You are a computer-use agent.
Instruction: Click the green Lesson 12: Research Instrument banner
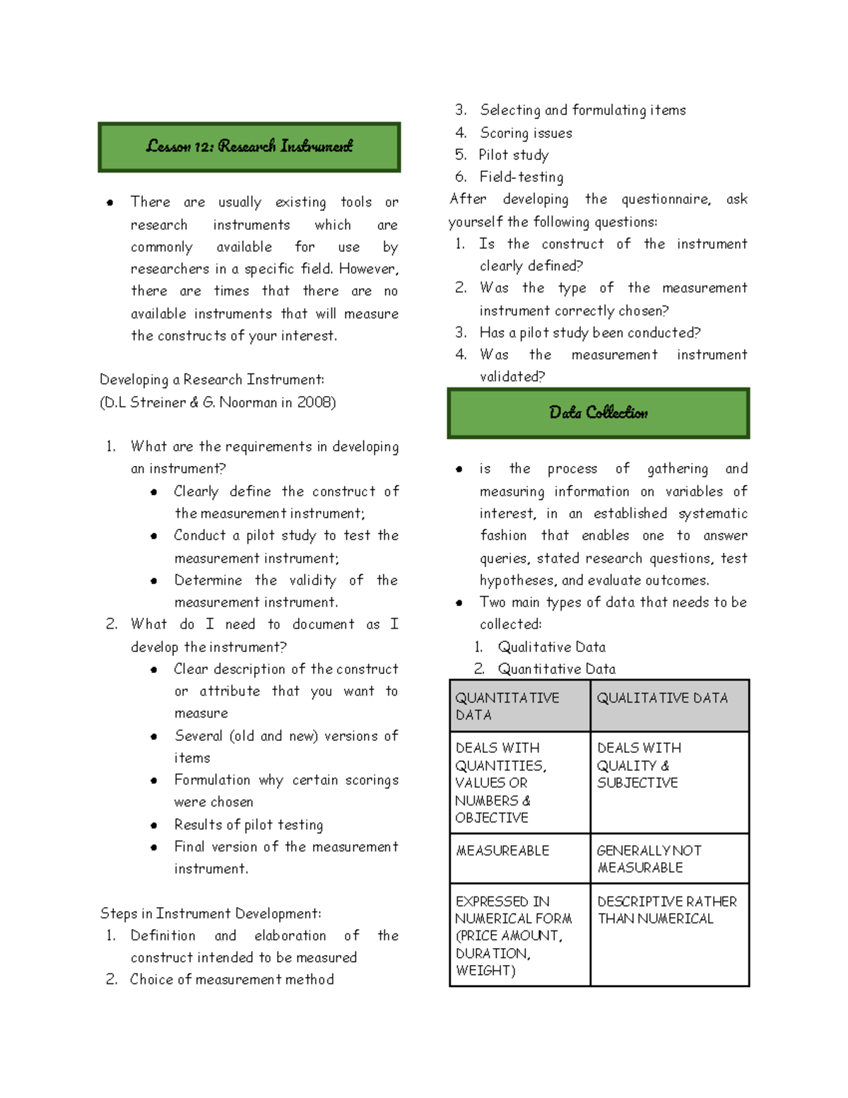(x=249, y=147)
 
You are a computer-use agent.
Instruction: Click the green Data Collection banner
(x=598, y=413)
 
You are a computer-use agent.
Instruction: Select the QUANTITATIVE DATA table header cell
(x=519, y=706)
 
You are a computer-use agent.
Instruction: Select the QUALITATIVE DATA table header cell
(x=669, y=706)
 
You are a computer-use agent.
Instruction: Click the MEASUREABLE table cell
(x=519, y=858)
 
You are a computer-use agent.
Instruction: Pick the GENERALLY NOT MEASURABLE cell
(x=669, y=858)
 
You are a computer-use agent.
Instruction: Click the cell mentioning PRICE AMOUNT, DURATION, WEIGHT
(x=519, y=935)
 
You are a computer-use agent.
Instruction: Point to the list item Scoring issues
(x=526, y=133)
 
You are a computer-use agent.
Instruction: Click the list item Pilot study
(x=513, y=155)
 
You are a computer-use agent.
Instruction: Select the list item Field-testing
(x=521, y=177)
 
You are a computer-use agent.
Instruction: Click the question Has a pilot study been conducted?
(x=589, y=332)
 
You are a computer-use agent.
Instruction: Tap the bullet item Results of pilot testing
(x=248, y=824)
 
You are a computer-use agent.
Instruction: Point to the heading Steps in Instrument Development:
(x=211, y=913)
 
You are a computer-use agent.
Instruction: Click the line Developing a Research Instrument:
(x=212, y=380)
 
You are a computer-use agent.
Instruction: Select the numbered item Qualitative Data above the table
(x=551, y=647)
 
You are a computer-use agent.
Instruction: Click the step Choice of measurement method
(x=231, y=979)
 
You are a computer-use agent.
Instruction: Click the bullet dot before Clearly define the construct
(x=154, y=492)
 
